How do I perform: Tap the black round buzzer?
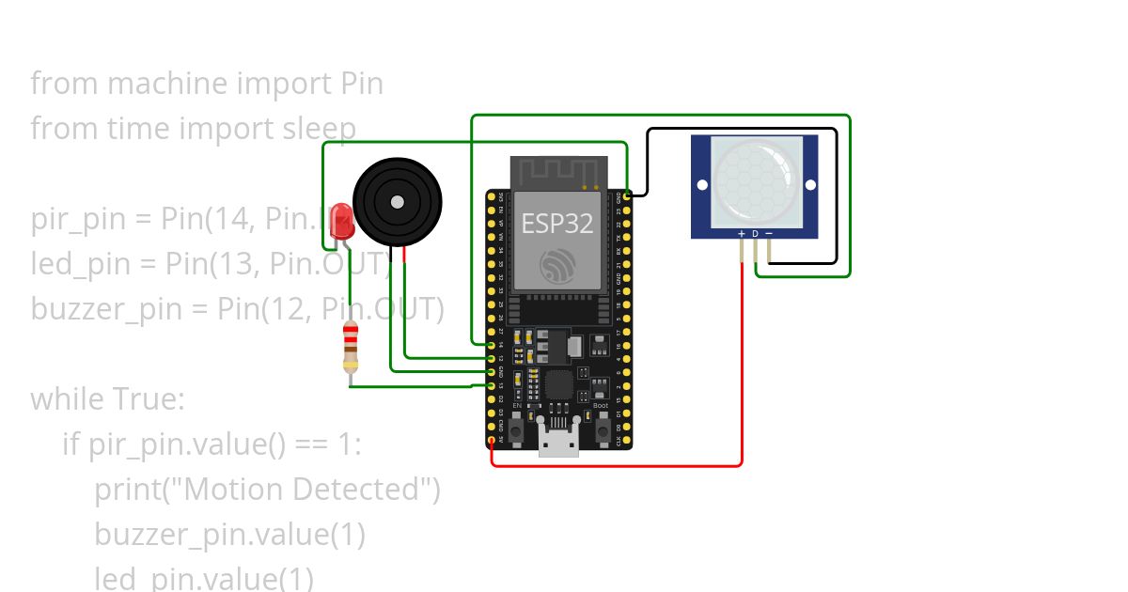point(397,202)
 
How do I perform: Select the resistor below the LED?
point(351,348)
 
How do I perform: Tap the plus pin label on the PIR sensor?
point(741,232)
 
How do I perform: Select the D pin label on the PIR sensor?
point(755,232)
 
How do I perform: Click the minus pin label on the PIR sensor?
point(769,232)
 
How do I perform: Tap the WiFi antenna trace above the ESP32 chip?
point(555,172)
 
